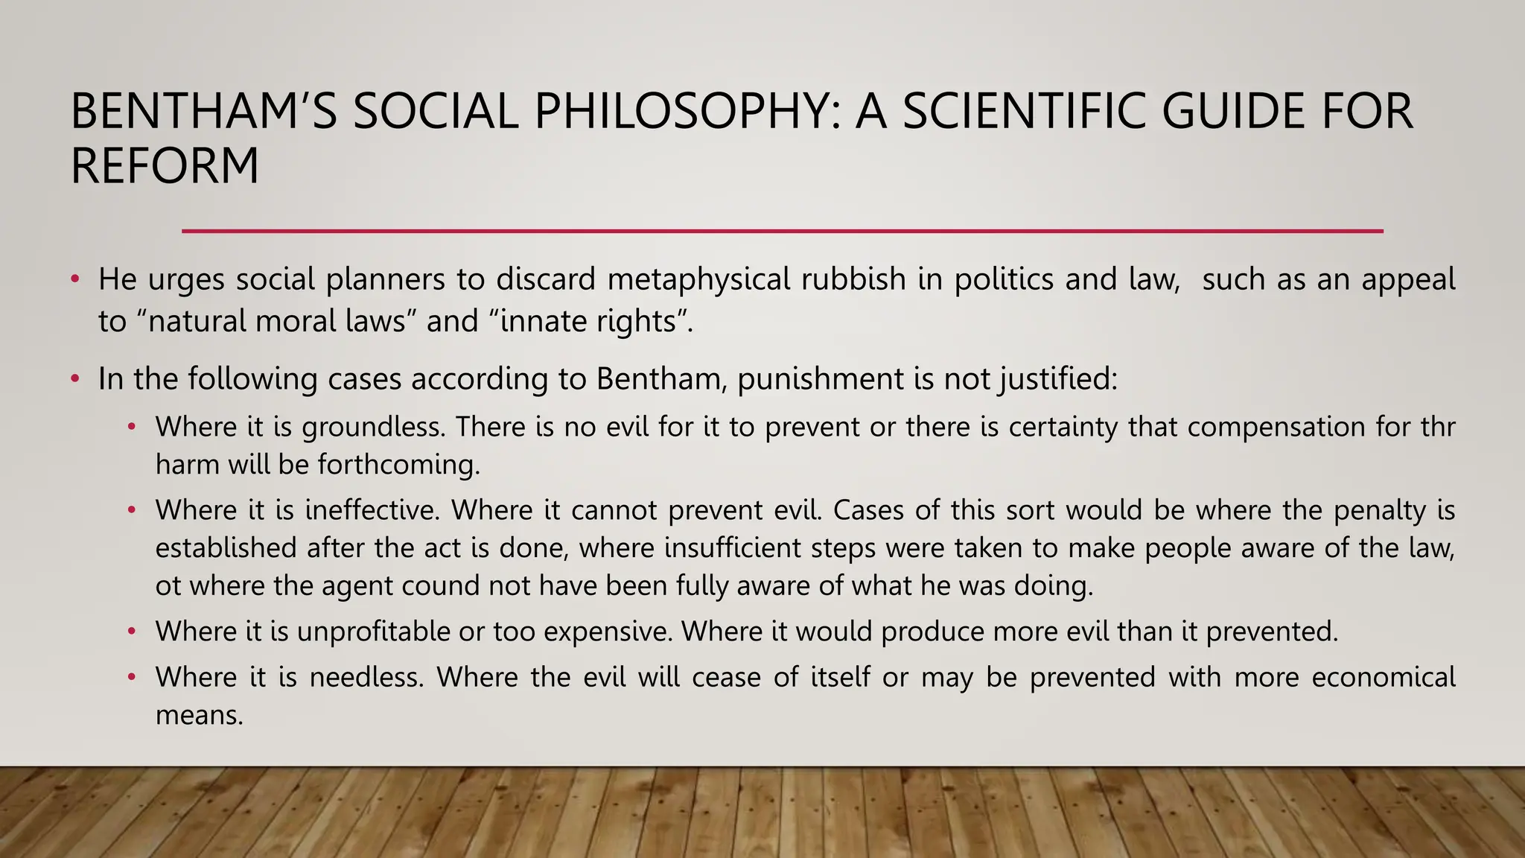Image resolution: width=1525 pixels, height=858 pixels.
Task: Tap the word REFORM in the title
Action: [165, 165]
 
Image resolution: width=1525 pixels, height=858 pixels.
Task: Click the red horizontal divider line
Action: [782, 232]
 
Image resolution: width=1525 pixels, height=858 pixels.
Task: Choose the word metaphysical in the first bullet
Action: [699, 279]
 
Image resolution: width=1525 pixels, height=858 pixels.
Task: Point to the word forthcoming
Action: [398, 465]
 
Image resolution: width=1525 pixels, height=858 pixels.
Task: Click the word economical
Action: [1383, 677]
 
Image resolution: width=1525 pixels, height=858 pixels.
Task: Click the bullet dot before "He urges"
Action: [74, 280]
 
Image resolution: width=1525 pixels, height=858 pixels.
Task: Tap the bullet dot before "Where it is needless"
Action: [132, 678]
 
